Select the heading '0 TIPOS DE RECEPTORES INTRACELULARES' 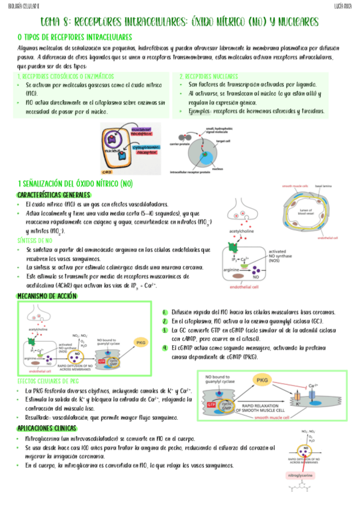click(x=75, y=37)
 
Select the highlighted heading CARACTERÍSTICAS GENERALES click(x=54, y=195)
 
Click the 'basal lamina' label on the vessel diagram click(x=329, y=186)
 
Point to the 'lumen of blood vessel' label click(x=315, y=210)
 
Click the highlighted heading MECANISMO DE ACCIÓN click(x=47, y=296)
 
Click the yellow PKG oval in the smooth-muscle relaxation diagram click(x=262, y=381)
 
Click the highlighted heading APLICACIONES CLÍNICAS click(x=47, y=428)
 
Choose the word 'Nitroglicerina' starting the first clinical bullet click(x=43, y=439)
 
